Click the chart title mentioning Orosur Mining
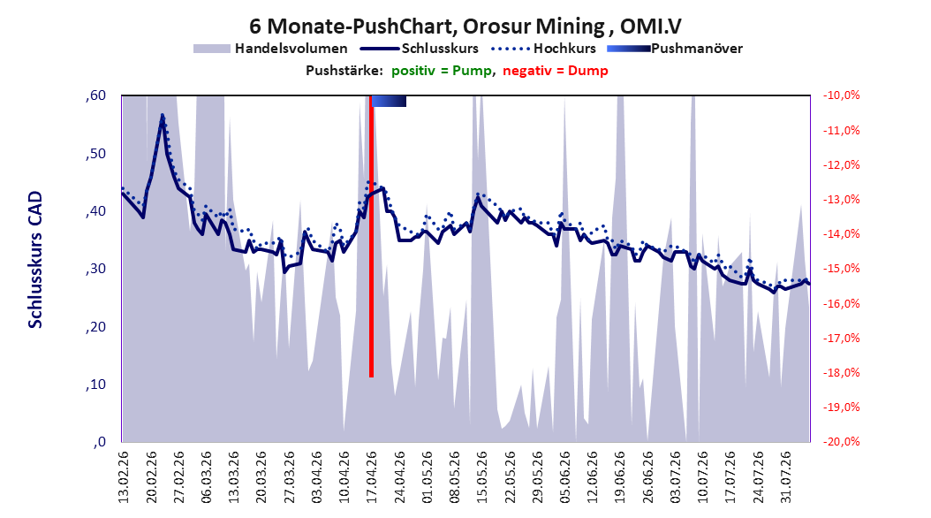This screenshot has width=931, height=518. [465, 27]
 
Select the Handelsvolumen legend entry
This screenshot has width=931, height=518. [270, 49]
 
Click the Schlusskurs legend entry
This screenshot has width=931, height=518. [420, 49]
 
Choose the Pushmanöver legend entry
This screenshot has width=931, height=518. [675, 49]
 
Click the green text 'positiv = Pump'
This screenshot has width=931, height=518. [441, 71]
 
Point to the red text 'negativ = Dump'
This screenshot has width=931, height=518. [556, 71]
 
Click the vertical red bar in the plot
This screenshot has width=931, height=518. [371, 236]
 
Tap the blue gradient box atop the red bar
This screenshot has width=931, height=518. [389, 101]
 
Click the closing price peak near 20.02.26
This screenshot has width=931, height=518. [163, 115]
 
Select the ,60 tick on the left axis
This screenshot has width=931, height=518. [95, 95]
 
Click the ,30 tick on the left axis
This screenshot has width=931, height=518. [95, 269]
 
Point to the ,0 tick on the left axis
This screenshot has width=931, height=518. [100, 442]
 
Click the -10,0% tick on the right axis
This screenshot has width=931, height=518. [841, 95]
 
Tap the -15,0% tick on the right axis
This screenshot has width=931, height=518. [841, 269]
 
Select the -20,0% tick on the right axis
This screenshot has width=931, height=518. [841, 441]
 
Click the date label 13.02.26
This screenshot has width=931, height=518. [124, 477]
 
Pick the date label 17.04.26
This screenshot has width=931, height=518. [372, 477]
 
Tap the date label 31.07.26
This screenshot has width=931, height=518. [786, 477]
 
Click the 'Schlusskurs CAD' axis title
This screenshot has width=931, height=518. [35, 260]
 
